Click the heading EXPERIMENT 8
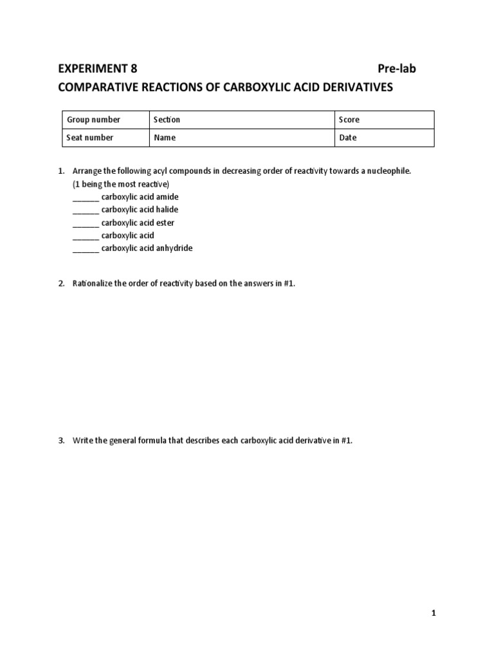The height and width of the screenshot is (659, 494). click(97, 69)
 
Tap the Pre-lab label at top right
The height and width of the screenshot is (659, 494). click(396, 69)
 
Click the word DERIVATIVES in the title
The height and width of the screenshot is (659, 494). click(356, 87)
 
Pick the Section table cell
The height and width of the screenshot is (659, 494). click(241, 120)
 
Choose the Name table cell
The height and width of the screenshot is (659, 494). click(241, 138)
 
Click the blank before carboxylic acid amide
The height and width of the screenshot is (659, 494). click(86, 198)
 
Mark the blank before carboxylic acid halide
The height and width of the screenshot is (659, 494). click(86, 210)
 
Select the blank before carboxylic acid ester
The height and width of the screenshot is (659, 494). click(86, 223)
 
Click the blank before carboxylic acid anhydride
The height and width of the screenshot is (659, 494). click(86, 249)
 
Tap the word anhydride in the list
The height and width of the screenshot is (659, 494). click(174, 248)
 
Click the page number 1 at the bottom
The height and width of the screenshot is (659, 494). click(434, 614)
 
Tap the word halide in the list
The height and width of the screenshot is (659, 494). click(167, 209)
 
